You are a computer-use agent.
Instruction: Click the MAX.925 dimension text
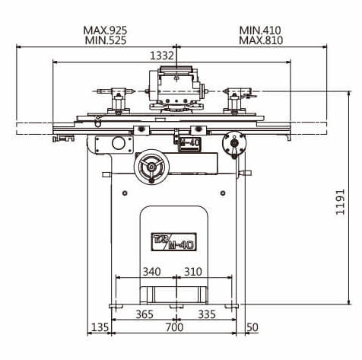point(105,30)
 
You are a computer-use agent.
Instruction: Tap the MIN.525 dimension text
point(106,40)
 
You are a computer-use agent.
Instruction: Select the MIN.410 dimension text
point(260,30)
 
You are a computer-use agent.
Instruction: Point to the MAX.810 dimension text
point(261,40)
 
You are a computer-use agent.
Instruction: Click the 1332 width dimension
point(162,56)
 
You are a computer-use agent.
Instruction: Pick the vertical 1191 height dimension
point(341,202)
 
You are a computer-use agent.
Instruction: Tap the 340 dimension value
point(152,272)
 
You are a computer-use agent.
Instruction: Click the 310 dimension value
point(193,272)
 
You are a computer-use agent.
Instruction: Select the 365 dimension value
point(144,314)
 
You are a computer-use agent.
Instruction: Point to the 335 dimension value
point(207,314)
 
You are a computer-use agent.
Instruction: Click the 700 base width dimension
point(174,327)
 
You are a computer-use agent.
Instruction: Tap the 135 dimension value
point(100,327)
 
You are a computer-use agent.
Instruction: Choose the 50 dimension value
point(252,327)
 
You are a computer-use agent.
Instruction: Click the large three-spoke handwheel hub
point(151,167)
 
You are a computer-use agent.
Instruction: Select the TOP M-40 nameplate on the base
point(174,242)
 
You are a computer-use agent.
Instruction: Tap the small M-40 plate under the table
point(189,143)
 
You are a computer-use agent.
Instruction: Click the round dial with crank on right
point(234,143)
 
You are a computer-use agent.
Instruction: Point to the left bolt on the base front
point(125,193)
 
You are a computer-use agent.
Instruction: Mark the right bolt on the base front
point(223,193)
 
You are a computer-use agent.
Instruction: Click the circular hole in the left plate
point(119,143)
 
